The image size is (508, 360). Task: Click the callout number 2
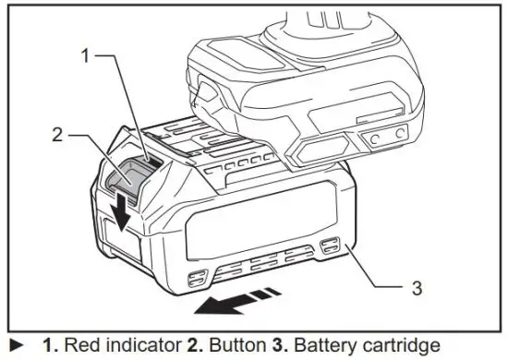tap(57, 135)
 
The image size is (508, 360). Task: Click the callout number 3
tap(416, 288)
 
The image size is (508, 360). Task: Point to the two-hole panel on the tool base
tap(384, 136)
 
